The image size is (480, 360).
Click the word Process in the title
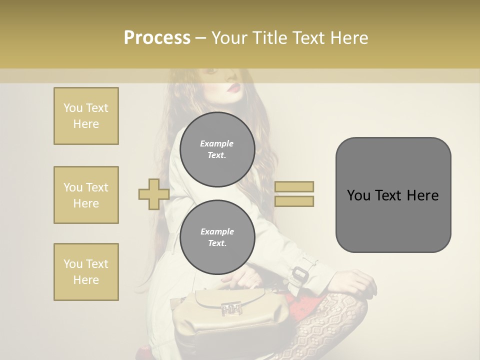(157, 37)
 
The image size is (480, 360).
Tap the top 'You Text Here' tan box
(86, 116)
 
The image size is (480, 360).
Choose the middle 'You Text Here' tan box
(86, 195)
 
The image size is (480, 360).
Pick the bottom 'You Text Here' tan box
(86, 272)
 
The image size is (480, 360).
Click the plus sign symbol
(153, 194)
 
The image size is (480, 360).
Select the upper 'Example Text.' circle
(217, 149)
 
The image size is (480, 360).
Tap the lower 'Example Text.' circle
(217, 237)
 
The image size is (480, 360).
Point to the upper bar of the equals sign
(294, 186)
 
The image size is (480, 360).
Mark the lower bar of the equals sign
(294, 201)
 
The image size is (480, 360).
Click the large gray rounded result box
(393, 195)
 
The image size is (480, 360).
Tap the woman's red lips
(234, 88)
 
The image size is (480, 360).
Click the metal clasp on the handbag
(231, 310)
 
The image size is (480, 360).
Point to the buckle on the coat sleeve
(300, 274)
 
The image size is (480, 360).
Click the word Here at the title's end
(348, 37)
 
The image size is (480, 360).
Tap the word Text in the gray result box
(392, 195)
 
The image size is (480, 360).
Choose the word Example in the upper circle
(217, 143)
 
